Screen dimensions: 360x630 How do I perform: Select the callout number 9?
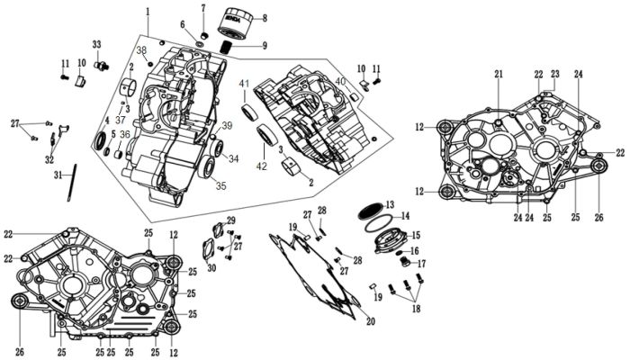[265, 45]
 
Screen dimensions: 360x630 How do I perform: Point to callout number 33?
[97, 44]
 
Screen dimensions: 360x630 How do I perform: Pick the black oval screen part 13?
[369, 207]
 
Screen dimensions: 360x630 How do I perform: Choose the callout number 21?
[498, 75]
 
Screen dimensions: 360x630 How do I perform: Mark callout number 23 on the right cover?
[555, 74]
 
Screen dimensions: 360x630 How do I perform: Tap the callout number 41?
[244, 84]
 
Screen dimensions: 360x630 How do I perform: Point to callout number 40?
[341, 82]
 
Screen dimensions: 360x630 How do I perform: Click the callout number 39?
[227, 125]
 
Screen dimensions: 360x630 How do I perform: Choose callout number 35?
[220, 186]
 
